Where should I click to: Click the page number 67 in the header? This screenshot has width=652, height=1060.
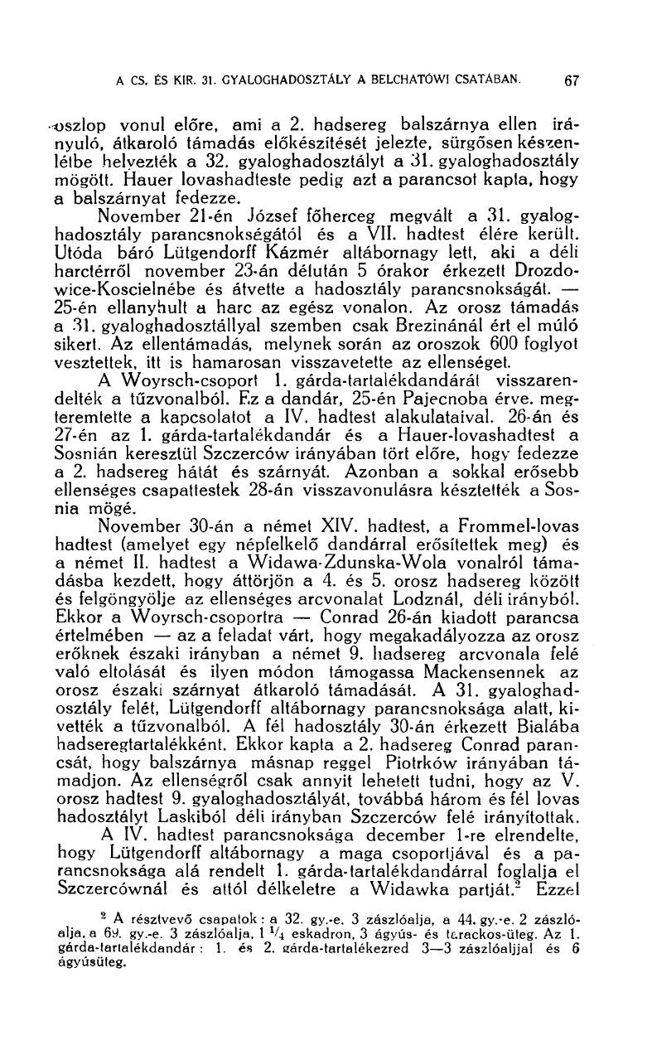click(x=570, y=81)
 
